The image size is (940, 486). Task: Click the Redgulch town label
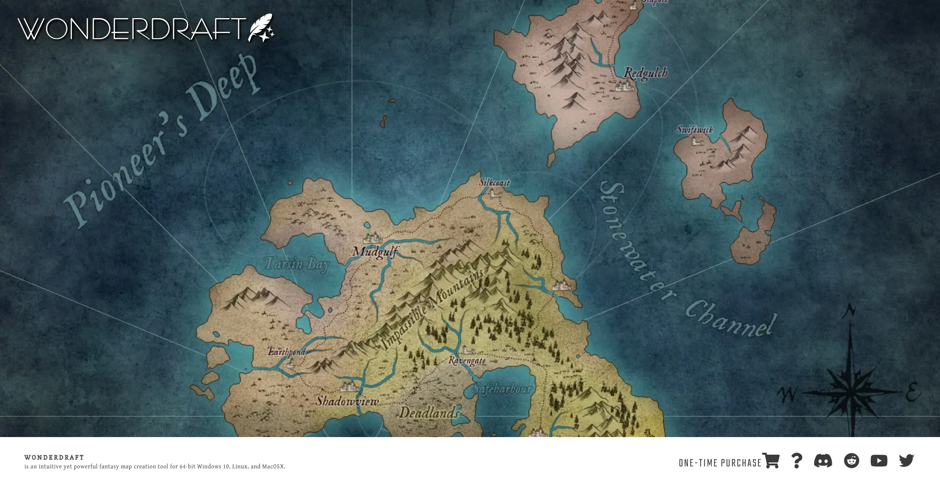click(x=645, y=73)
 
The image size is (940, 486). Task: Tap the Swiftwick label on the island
click(x=694, y=130)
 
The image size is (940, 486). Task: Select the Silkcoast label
click(x=494, y=183)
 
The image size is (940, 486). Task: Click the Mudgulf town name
click(x=375, y=252)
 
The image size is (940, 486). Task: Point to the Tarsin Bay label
click(x=297, y=264)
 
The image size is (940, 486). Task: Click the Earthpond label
click(x=286, y=351)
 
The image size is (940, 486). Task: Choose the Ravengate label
click(x=467, y=361)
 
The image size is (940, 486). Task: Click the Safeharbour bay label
click(x=501, y=389)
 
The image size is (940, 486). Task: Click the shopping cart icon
click(x=771, y=461)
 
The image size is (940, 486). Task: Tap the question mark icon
click(x=797, y=461)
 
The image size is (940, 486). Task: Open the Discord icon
click(x=823, y=461)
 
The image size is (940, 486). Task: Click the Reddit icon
click(x=851, y=461)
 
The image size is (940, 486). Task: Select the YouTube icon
click(x=879, y=461)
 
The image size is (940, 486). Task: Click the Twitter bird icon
click(x=906, y=461)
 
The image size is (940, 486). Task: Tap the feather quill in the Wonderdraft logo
click(x=261, y=27)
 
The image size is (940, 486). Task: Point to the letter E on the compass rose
click(x=912, y=392)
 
